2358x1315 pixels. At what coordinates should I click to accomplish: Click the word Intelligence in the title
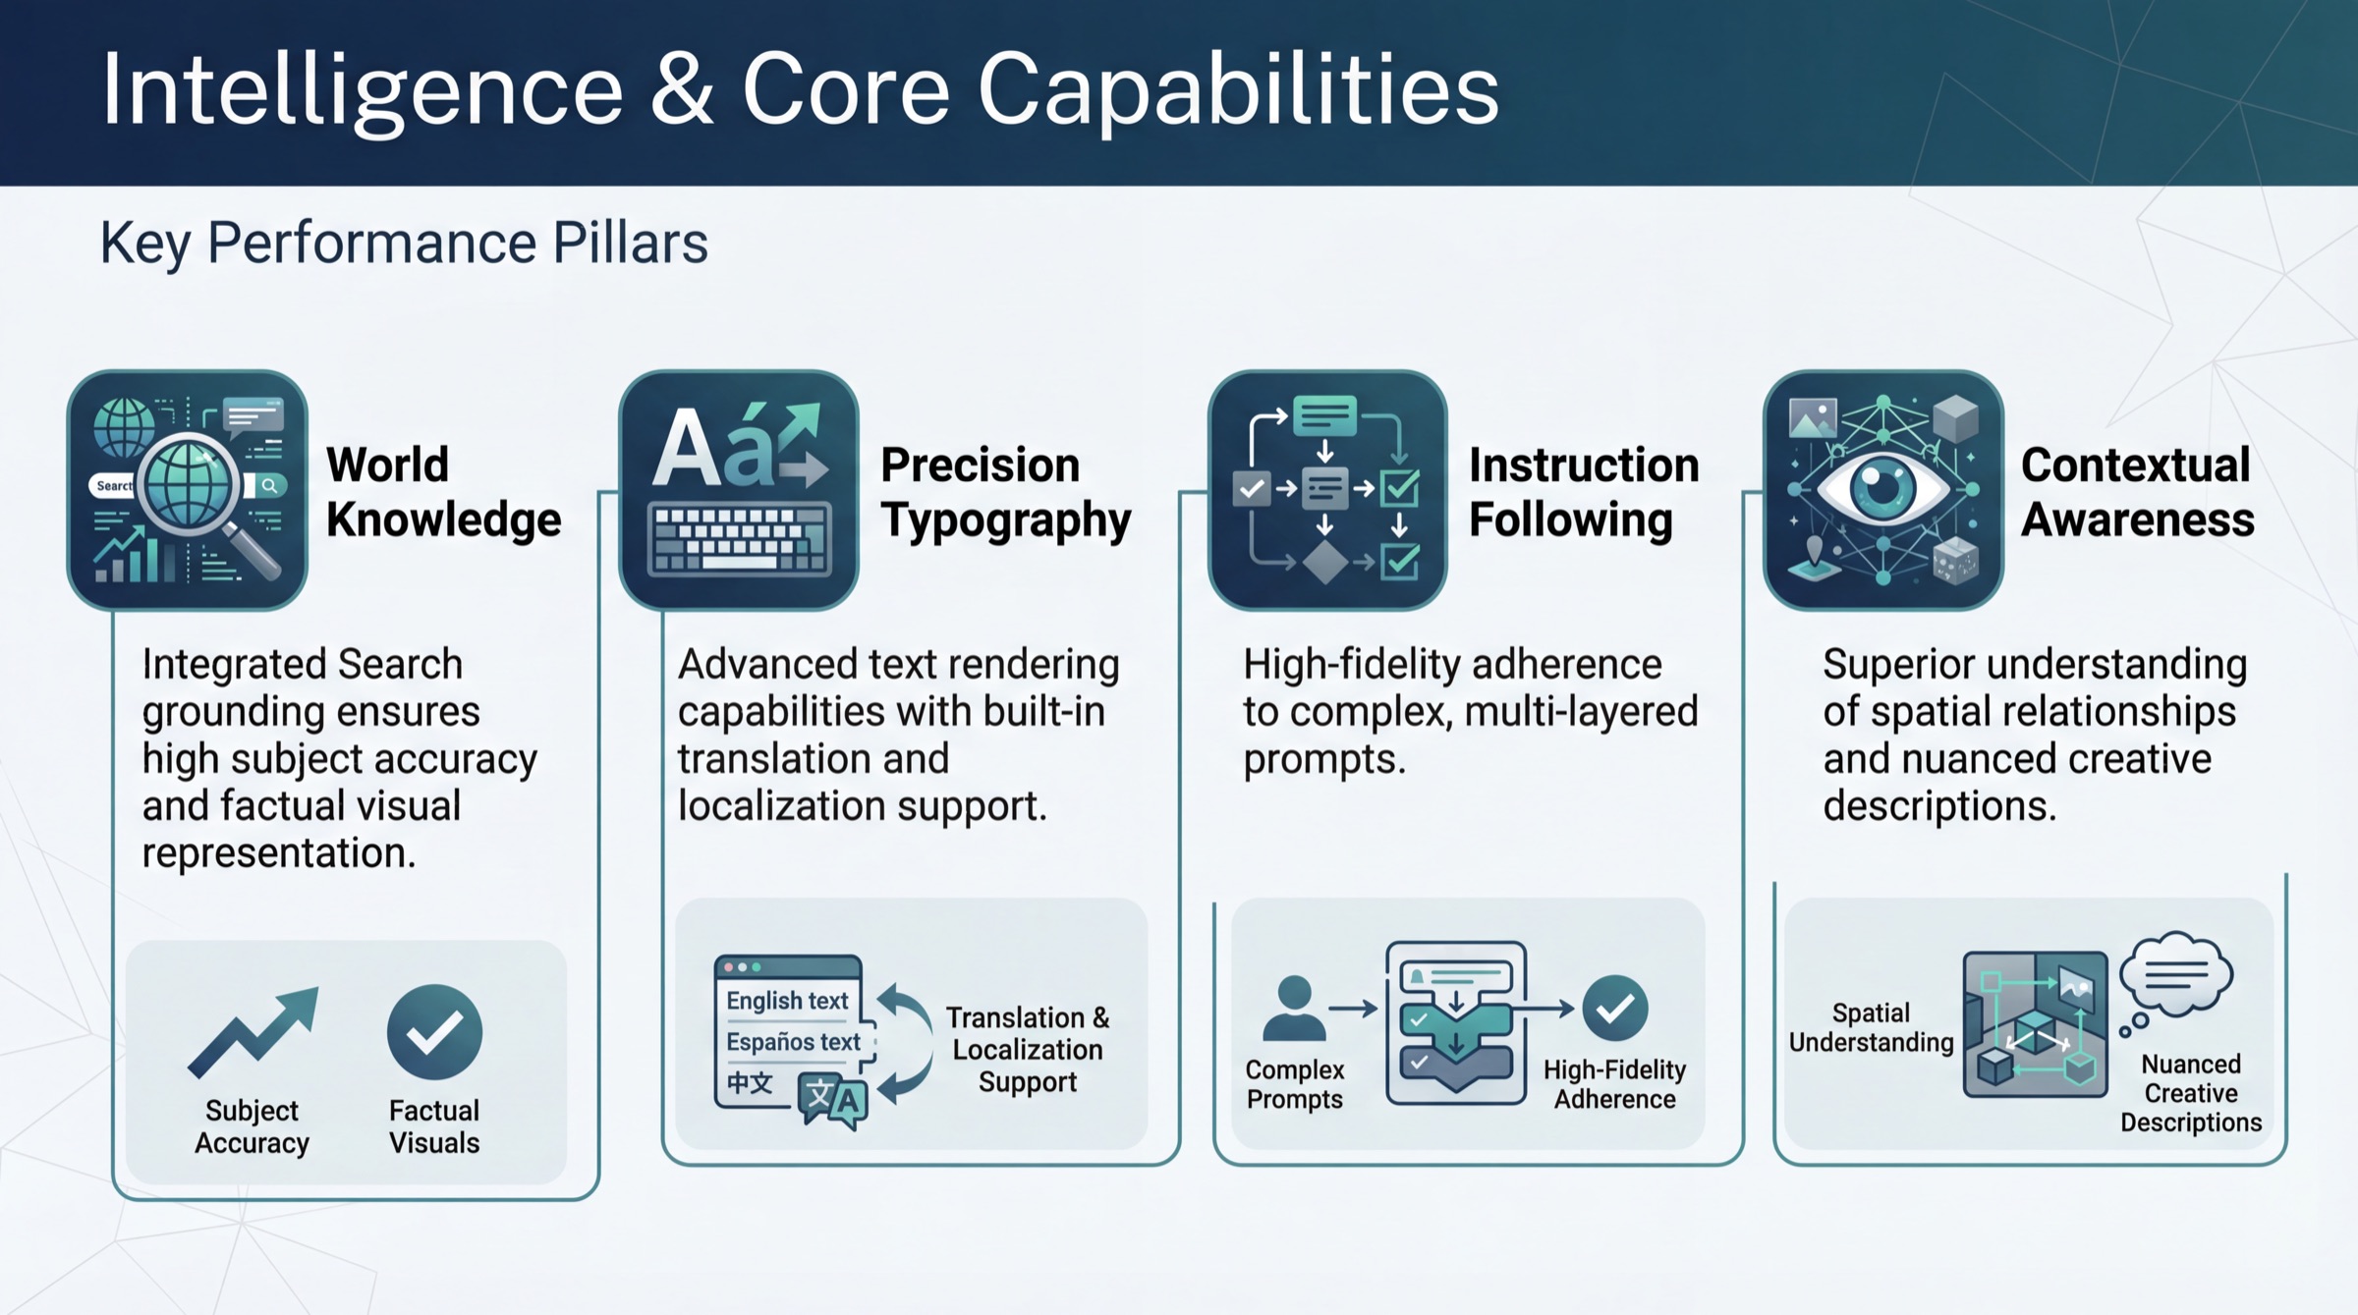[x=362, y=90]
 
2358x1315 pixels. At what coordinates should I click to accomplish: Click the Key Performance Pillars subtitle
[x=403, y=243]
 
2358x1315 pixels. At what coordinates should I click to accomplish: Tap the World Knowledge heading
[x=442, y=491]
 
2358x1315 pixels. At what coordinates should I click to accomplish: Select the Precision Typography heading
[x=1004, y=491]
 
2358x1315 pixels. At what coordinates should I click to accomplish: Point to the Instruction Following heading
[x=1583, y=491]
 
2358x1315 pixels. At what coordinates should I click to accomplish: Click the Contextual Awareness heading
[x=2136, y=491]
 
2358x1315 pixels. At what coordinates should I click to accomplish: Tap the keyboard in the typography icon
[x=739, y=540]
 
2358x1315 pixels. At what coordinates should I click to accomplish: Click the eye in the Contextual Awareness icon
[x=1881, y=487]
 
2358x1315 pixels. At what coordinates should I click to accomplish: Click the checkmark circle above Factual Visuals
[x=434, y=1031]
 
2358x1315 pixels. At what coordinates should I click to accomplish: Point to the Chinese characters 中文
[x=750, y=1082]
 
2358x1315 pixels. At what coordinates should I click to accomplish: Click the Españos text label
[x=792, y=1041]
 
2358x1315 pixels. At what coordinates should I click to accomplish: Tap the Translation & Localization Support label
[x=1027, y=1049]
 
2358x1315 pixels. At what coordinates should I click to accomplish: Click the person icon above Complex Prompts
[x=1293, y=1008]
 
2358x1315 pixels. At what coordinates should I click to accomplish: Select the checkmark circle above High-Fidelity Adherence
[x=1614, y=1009]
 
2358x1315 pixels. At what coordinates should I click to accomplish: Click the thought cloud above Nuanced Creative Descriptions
[x=2175, y=973]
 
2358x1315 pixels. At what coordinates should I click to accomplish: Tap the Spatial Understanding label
[x=1870, y=1027]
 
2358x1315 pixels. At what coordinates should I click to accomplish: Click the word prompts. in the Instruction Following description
[x=1323, y=759]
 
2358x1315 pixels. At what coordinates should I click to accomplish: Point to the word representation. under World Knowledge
[x=278, y=852]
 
